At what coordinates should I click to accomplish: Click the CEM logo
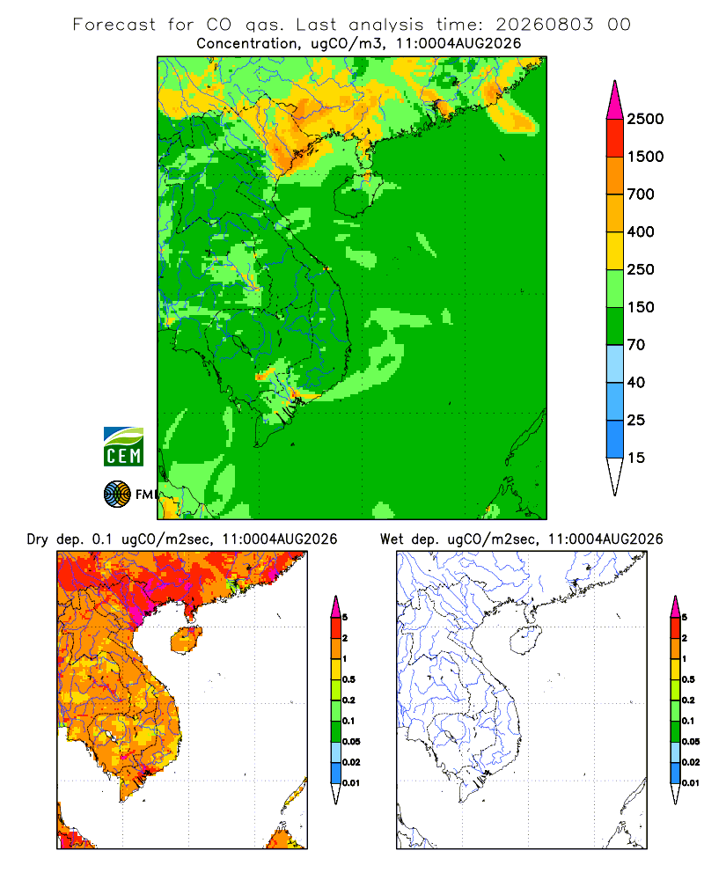tap(123, 446)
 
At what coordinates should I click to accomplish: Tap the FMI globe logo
tap(117, 495)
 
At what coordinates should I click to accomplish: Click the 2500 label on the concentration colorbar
tap(645, 119)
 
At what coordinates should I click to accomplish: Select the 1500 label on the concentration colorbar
tap(645, 157)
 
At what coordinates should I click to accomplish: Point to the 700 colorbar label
tap(641, 194)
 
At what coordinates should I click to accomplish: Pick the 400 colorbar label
tap(641, 231)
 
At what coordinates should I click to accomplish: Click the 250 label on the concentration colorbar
tap(641, 269)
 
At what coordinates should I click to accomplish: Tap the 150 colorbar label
tap(641, 307)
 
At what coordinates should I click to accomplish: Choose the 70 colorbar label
tap(636, 345)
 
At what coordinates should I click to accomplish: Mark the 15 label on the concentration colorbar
tap(636, 458)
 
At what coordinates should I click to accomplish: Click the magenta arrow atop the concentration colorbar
tap(615, 101)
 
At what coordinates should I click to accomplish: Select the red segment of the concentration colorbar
tap(615, 138)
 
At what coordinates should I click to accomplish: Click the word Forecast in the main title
tap(114, 25)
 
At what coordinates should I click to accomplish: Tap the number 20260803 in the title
tap(544, 25)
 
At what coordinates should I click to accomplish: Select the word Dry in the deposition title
tap(38, 539)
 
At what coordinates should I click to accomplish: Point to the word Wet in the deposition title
tap(392, 539)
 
